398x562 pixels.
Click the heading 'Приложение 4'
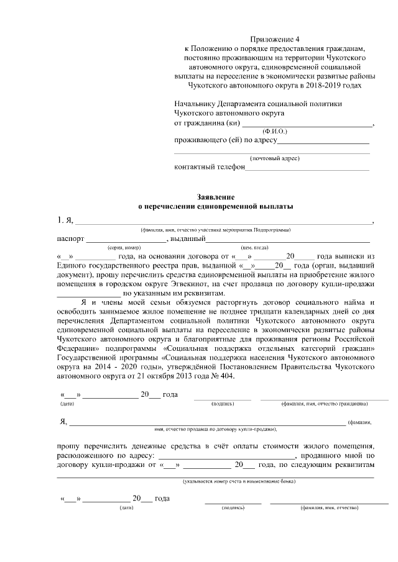274,39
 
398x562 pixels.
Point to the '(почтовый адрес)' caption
274,158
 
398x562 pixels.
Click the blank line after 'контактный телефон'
308,167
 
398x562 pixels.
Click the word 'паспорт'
70,239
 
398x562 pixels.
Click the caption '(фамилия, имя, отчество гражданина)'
323,404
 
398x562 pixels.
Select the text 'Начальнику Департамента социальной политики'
258,104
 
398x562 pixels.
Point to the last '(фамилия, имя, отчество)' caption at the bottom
329,508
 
